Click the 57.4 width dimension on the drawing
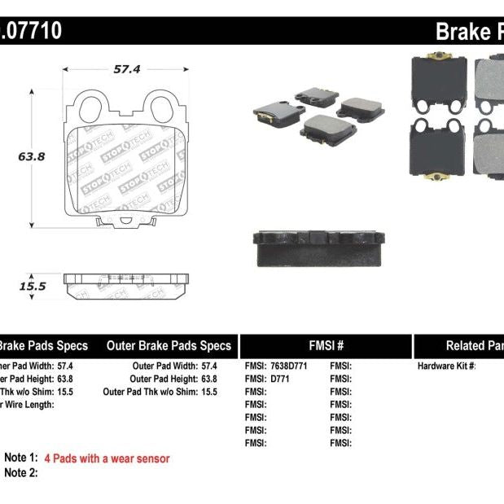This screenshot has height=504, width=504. pyautogui.click(x=126, y=70)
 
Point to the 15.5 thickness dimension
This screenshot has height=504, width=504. pyautogui.click(x=32, y=287)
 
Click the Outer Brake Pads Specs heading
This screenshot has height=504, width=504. pyautogui.click(x=169, y=346)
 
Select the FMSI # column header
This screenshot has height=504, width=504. pyautogui.click(x=325, y=346)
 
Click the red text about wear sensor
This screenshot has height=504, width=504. pyautogui.click(x=107, y=458)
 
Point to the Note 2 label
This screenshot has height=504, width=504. pyautogui.click(x=21, y=472)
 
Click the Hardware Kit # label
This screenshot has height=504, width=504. pyautogui.click(x=446, y=366)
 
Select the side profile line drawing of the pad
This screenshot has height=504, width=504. pyautogui.click(x=126, y=286)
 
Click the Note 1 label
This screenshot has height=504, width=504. pyautogui.click(x=21, y=458)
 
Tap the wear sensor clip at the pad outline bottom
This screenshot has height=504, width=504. pyautogui.click(x=126, y=220)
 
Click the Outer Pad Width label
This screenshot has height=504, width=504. pyautogui.click(x=162, y=366)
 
